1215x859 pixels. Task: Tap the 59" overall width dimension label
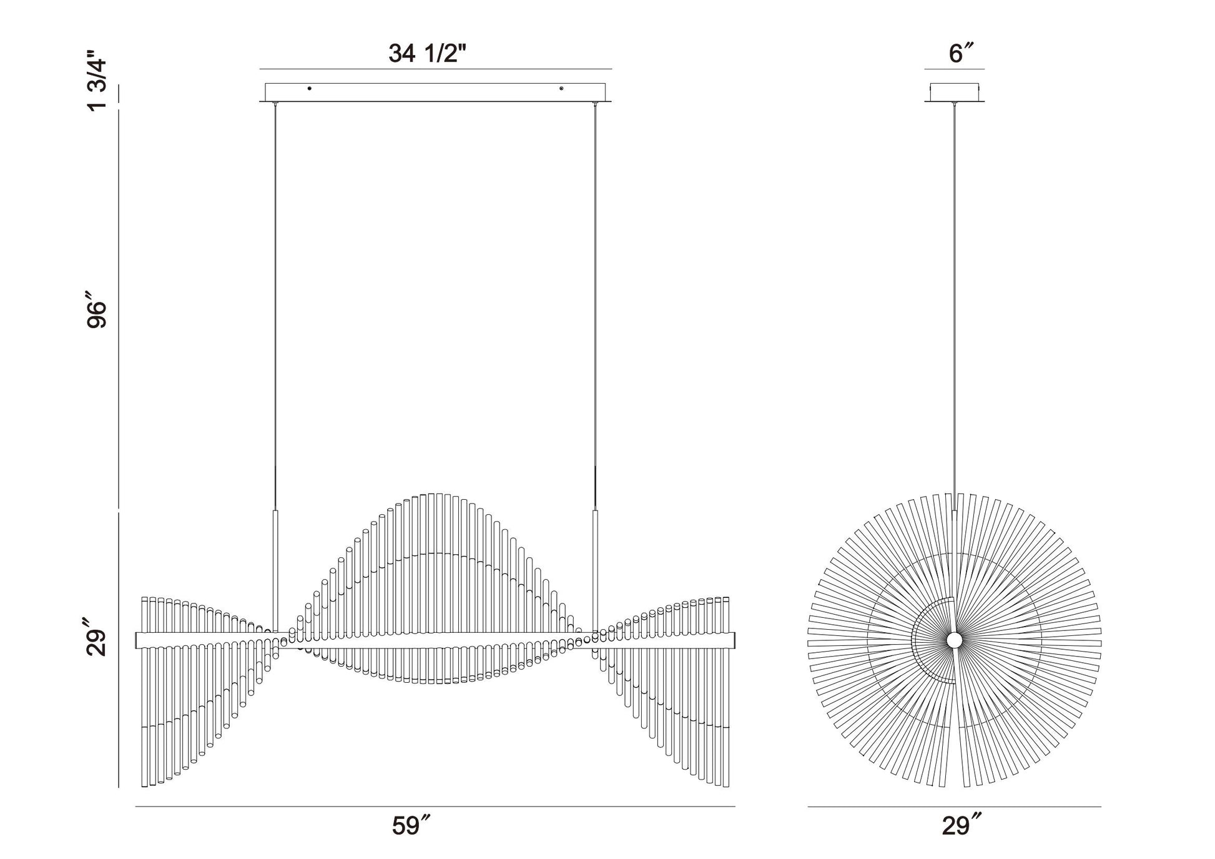click(x=411, y=826)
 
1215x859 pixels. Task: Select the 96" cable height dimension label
click(x=98, y=314)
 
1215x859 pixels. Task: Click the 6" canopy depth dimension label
click(x=962, y=54)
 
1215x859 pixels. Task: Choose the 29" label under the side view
click(x=962, y=826)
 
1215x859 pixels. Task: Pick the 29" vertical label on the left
click(x=98, y=637)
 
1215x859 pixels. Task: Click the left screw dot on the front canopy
click(x=309, y=89)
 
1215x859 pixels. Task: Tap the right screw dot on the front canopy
click(x=561, y=89)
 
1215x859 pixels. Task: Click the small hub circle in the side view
click(x=954, y=640)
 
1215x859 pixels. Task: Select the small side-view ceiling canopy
click(x=955, y=92)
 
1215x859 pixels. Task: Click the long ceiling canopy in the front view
click(x=435, y=92)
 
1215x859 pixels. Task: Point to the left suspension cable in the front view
click(x=275, y=300)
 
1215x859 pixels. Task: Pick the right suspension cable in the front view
click(x=595, y=300)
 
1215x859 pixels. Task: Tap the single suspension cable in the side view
click(x=955, y=300)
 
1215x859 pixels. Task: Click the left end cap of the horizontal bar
click(x=137, y=640)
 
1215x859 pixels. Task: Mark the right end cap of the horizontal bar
click(x=733, y=640)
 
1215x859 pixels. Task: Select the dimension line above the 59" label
click(x=435, y=807)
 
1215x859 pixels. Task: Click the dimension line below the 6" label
click(x=955, y=69)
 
